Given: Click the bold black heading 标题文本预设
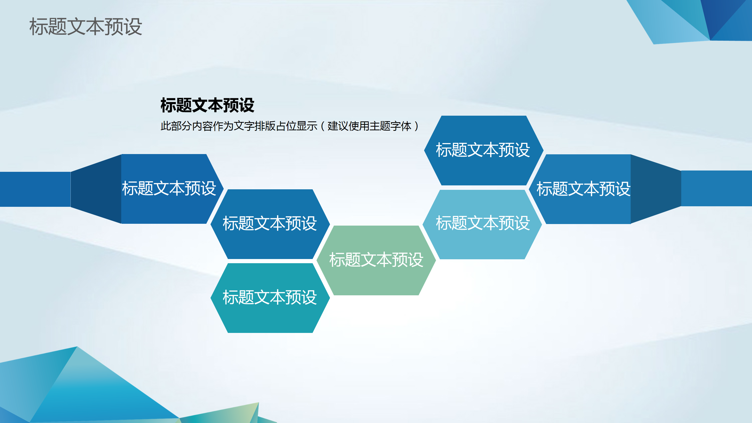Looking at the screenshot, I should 207,105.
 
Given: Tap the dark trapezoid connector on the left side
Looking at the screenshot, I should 96,189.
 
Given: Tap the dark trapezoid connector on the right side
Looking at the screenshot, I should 655,189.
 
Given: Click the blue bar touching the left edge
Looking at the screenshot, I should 35,189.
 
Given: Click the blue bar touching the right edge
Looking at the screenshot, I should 717,189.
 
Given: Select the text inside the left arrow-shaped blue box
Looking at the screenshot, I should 169,188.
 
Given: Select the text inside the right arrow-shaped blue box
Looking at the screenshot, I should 583,189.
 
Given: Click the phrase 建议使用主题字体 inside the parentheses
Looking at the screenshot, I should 369,126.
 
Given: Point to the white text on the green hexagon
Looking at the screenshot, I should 376,260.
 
